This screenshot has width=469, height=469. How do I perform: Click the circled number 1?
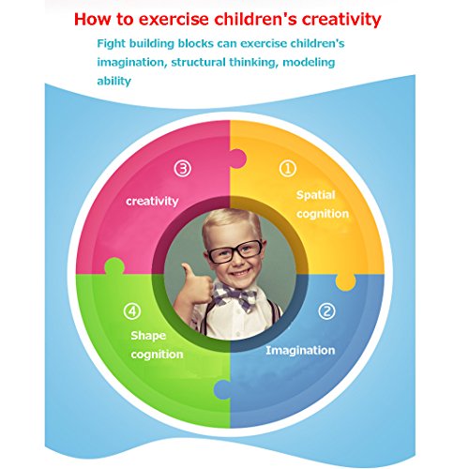(288, 169)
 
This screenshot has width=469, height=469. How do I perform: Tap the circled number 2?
(326, 311)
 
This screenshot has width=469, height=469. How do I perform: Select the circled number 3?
(183, 169)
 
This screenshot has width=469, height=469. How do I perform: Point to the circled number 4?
(132, 311)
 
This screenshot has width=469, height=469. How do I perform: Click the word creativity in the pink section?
(152, 202)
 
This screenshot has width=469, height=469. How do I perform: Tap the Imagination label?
(300, 351)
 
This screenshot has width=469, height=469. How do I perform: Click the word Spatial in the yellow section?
(315, 195)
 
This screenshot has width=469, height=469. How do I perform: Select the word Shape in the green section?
(148, 336)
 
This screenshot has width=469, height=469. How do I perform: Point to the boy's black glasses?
(235, 251)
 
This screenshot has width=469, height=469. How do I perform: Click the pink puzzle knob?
(238, 159)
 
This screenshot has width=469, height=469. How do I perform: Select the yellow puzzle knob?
(345, 282)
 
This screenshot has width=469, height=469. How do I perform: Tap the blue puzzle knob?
(222, 389)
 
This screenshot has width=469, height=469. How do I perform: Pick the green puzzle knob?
(114, 266)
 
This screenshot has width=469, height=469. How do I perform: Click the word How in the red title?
(93, 20)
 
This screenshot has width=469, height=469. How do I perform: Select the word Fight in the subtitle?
(112, 44)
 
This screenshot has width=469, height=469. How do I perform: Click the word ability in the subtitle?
(114, 82)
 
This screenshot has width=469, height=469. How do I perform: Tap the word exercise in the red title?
(174, 20)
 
